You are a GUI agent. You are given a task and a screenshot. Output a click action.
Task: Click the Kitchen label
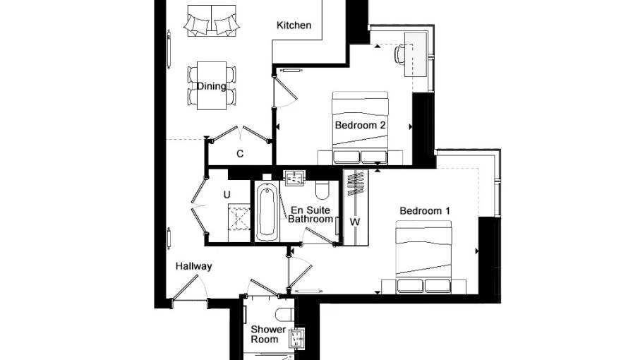click(294, 25)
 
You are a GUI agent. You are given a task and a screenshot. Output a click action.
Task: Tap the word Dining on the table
click(212, 86)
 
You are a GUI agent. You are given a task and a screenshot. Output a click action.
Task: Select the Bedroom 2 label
click(360, 125)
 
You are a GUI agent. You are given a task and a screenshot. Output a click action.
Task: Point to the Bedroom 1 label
click(425, 210)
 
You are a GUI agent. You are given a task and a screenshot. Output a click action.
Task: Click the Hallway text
click(193, 266)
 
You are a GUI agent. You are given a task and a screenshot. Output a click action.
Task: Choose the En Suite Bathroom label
click(310, 215)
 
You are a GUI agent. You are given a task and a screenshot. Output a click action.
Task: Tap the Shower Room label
click(268, 335)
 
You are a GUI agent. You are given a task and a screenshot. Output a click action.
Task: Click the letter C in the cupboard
click(240, 154)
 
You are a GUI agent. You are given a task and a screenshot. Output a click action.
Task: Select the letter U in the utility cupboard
click(227, 195)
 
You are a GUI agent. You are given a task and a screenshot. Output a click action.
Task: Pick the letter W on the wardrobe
click(355, 222)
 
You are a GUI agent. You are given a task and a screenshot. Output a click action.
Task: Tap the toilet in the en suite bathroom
click(322, 190)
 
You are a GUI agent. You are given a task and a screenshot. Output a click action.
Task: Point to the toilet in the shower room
click(285, 314)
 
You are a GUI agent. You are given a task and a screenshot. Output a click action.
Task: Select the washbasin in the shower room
click(296, 339)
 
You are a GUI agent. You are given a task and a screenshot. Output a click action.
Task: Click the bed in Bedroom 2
click(360, 128)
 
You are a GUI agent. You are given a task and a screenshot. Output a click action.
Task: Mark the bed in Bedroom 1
click(423, 257)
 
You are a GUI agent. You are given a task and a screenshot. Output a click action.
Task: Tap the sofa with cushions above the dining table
click(212, 21)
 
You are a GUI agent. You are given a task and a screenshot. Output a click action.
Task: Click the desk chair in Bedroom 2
click(399, 54)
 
